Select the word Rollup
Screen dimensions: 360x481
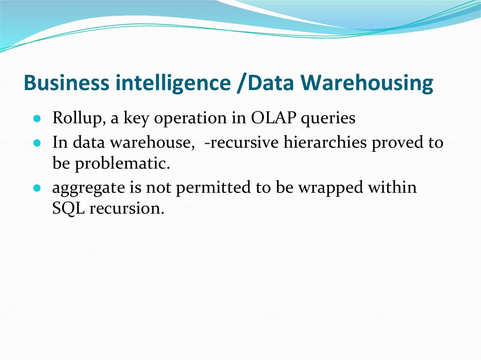[78, 118]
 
